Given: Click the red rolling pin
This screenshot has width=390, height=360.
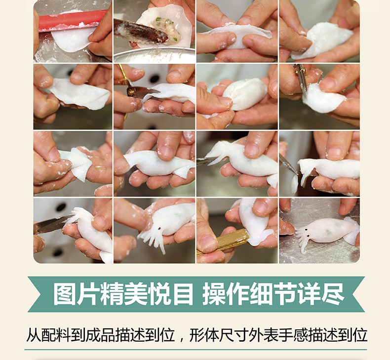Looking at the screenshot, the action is click(72, 19).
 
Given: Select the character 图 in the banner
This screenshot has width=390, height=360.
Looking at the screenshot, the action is click(65, 294).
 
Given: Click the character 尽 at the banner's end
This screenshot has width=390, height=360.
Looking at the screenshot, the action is click(333, 294).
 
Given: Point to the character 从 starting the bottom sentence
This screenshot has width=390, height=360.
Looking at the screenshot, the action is click(34, 335).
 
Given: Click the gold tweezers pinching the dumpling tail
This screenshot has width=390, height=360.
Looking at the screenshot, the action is click(223, 242).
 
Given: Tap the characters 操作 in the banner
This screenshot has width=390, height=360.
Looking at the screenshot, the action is click(226, 294).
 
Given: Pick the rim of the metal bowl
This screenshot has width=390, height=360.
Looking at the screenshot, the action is click(154, 51).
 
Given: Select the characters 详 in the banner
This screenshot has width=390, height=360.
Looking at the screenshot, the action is click(309, 294).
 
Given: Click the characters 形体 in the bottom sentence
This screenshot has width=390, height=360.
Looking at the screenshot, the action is click(204, 335).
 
